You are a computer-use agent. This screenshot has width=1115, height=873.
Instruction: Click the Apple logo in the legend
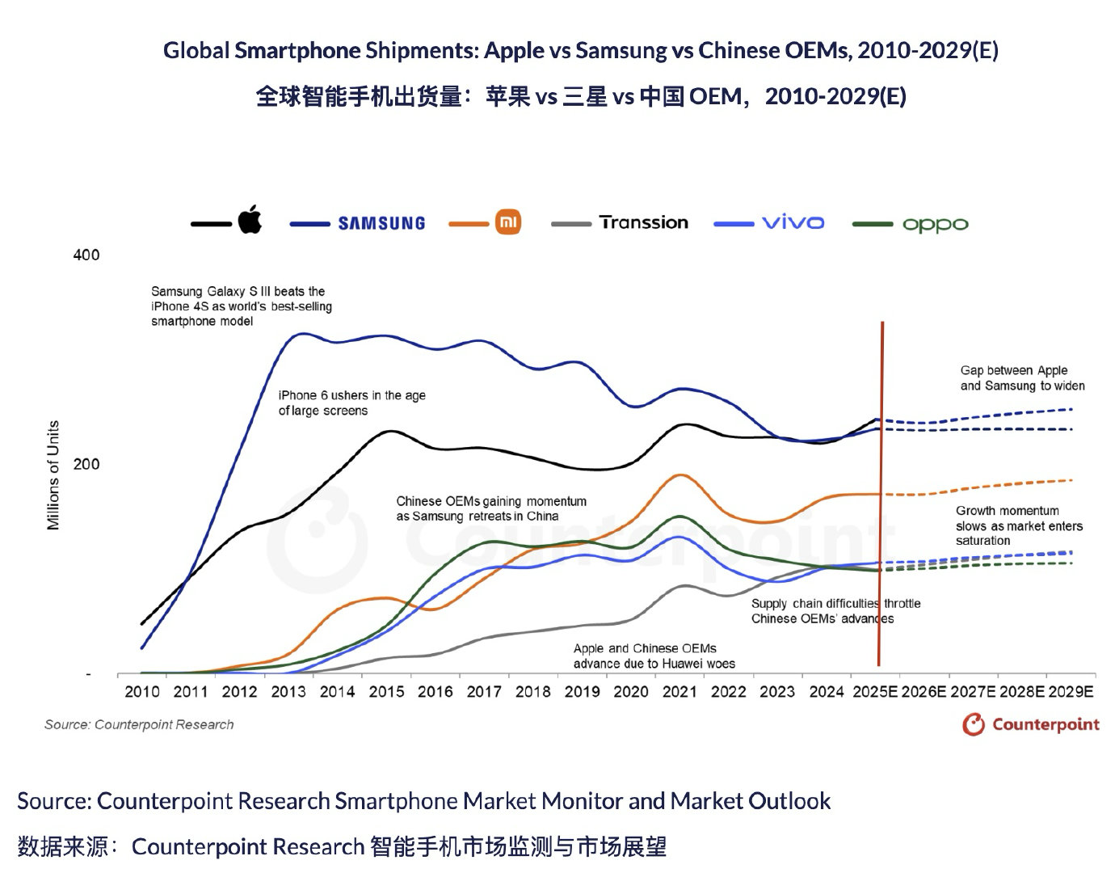pos(250,220)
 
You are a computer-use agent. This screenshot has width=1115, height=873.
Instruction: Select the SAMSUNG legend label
pos(381,223)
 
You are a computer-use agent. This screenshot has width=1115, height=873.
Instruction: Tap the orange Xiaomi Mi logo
pos(508,221)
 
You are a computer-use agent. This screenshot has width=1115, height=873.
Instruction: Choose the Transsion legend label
pos(644,222)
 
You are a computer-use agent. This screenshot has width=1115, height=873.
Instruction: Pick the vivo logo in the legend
pos(793,222)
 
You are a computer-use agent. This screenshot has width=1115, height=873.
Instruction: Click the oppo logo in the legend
pos(935,225)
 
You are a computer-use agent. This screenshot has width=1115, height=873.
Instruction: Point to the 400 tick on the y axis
pos(86,255)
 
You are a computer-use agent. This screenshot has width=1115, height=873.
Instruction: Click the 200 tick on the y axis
pos(86,464)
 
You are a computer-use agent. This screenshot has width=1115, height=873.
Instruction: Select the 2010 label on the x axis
pos(142,692)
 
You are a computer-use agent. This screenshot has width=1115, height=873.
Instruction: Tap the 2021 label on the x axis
pos(680,692)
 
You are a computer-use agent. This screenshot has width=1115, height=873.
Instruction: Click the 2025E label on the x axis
pos(875,692)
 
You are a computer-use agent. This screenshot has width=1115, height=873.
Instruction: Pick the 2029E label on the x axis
pos(1071,692)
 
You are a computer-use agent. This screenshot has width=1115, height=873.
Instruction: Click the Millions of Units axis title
pos(53,475)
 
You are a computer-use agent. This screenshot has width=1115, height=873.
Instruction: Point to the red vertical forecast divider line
pos(881,493)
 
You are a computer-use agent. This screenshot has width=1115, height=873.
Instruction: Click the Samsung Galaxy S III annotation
pos(241,306)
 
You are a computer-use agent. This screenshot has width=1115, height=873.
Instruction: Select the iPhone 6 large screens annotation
pos(351,403)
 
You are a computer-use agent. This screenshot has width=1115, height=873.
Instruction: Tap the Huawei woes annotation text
pos(654,656)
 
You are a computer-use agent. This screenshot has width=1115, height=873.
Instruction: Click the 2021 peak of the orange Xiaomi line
pos(680,475)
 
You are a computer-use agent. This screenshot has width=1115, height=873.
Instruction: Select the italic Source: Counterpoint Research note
pos(139,724)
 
